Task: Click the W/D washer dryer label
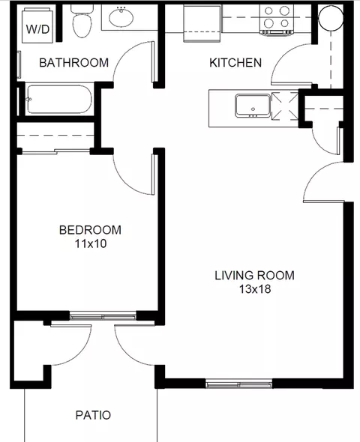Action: click(x=37, y=29)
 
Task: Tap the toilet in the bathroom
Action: click(x=82, y=21)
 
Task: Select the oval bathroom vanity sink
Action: click(x=121, y=17)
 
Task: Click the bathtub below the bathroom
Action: click(x=59, y=99)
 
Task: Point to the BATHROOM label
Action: click(x=74, y=63)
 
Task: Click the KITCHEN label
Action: click(x=235, y=63)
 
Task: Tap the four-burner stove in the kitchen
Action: click(x=277, y=20)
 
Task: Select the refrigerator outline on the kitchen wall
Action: click(x=202, y=23)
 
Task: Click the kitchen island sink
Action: click(x=253, y=106)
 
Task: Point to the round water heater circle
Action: click(x=331, y=18)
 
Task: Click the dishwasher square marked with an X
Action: click(x=285, y=106)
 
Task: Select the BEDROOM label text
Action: click(x=90, y=230)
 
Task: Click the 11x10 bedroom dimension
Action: click(x=91, y=243)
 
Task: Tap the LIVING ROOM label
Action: click(x=254, y=276)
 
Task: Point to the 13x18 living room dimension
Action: click(x=255, y=289)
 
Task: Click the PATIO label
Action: click(x=93, y=415)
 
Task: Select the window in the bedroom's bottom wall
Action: click(x=103, y=315)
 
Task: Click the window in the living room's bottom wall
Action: click(x=238, y=384)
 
